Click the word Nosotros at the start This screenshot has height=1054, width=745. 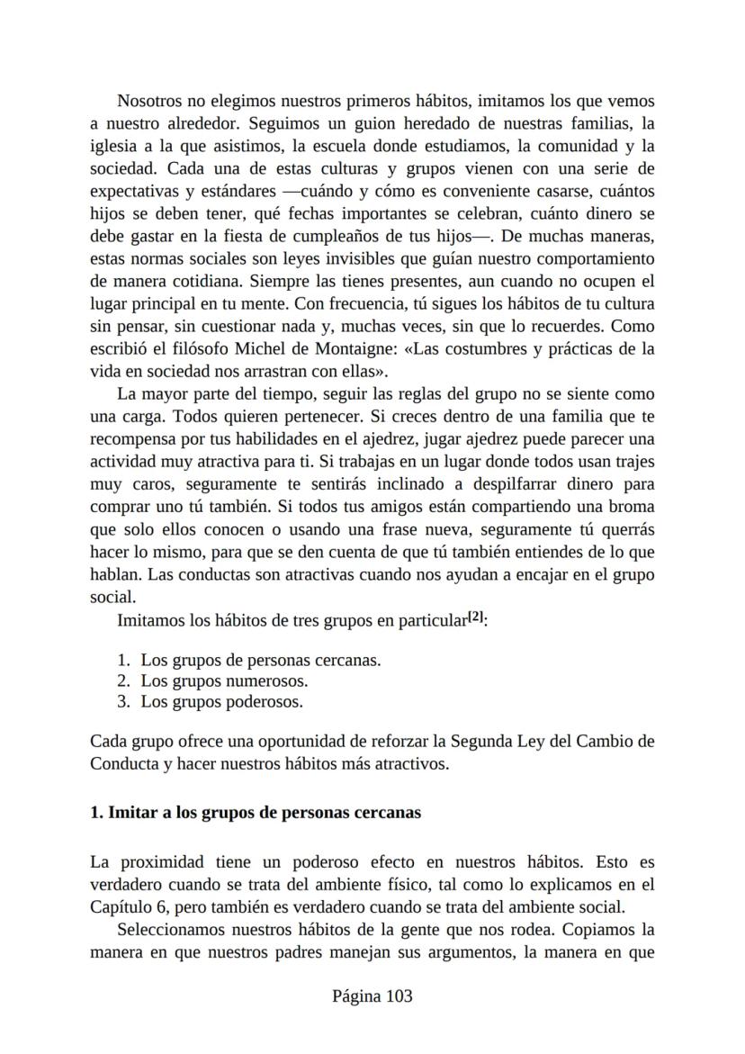(x=150, y=101)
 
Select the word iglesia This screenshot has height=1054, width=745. (x=114, y=146)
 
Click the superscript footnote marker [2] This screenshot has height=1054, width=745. (x=476, y=617)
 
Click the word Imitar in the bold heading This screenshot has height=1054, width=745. (x=131, y=812)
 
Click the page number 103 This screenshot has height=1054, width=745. (x=397, y=995)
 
